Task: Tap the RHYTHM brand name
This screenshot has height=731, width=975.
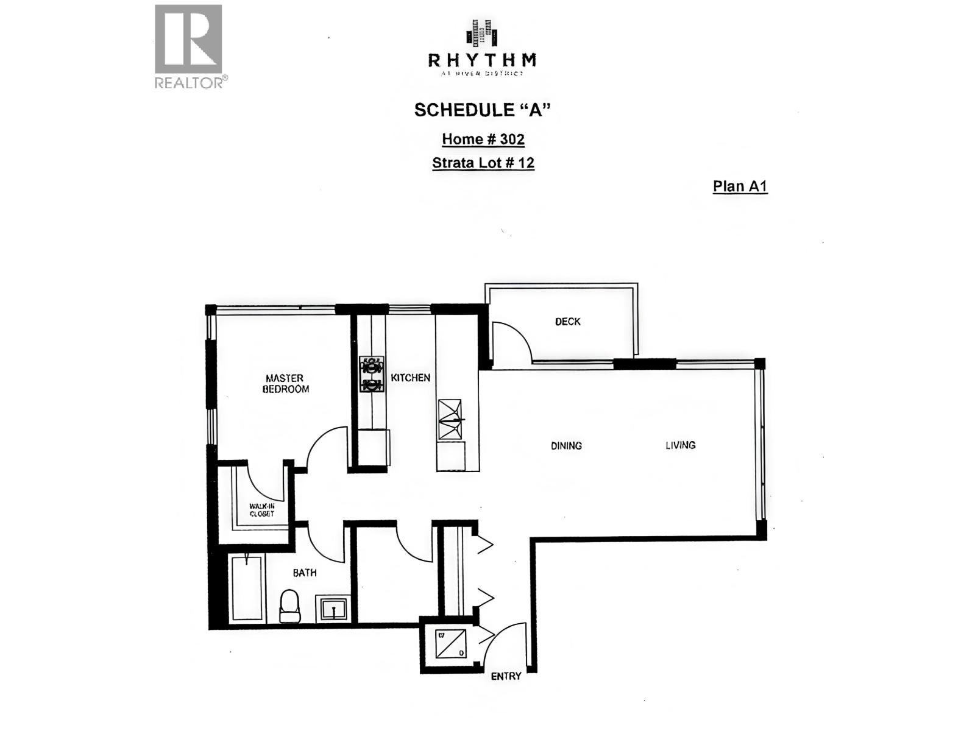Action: [482, 60]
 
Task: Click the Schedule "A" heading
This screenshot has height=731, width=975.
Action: [482, 110]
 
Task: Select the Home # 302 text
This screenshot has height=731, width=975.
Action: [483, 139]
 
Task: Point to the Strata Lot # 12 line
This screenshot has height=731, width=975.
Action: [483, 163]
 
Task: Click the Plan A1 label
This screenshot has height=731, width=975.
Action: [740, 186]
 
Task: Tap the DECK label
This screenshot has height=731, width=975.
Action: [567, 322]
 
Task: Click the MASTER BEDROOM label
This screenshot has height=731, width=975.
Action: [285, 384]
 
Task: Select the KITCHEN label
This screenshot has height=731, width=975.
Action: [410, 378]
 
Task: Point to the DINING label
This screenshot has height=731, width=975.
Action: [566, 446]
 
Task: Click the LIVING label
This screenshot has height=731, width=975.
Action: [680, 445]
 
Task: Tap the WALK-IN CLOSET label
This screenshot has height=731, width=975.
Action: [261, 510]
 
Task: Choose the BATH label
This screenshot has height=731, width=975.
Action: [305, 573]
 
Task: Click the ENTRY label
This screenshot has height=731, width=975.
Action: [506, 676]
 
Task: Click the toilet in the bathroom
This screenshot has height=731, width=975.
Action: [290, 606]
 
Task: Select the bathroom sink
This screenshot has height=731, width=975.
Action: [333, 609]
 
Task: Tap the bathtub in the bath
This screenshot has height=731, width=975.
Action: [247, 588]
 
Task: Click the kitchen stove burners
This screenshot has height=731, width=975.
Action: [371, 374]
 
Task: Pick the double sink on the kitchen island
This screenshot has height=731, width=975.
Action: [450, 419]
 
